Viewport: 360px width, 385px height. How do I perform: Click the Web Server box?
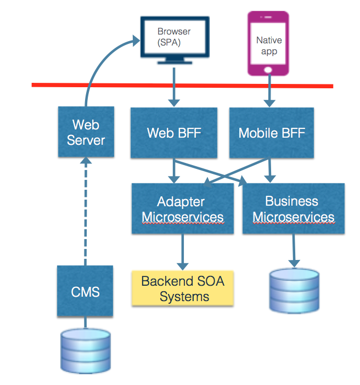coord(86,132)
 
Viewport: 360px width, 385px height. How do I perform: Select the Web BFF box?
coord(174,133)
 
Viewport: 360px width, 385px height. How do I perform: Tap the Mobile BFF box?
coord(272,133)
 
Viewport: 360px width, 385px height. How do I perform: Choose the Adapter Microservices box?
coord(183,208)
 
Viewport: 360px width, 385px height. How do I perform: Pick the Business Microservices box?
coord(294,208)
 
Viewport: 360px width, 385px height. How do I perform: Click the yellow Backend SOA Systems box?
coord(183,288)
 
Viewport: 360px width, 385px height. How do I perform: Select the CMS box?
coord(85,291)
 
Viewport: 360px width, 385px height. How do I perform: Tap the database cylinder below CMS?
coord(86,351)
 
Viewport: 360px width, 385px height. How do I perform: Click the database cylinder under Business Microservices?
coord(294,291)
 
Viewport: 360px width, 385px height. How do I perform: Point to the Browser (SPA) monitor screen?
coord(175,37)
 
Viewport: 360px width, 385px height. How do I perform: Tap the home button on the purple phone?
coord(268,70)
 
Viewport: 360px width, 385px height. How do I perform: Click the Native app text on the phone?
coord(269,46)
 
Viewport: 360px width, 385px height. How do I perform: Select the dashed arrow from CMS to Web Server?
coord(86,211)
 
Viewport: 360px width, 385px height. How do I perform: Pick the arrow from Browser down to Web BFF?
coord(174,87)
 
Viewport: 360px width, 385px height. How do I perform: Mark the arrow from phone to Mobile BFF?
coord(269,90)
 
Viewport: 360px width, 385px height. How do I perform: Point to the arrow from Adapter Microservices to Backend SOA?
coord(183,252)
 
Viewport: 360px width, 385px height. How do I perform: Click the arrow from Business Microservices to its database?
coord(294,251)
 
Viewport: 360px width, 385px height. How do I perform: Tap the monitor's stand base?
coord(175,63)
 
